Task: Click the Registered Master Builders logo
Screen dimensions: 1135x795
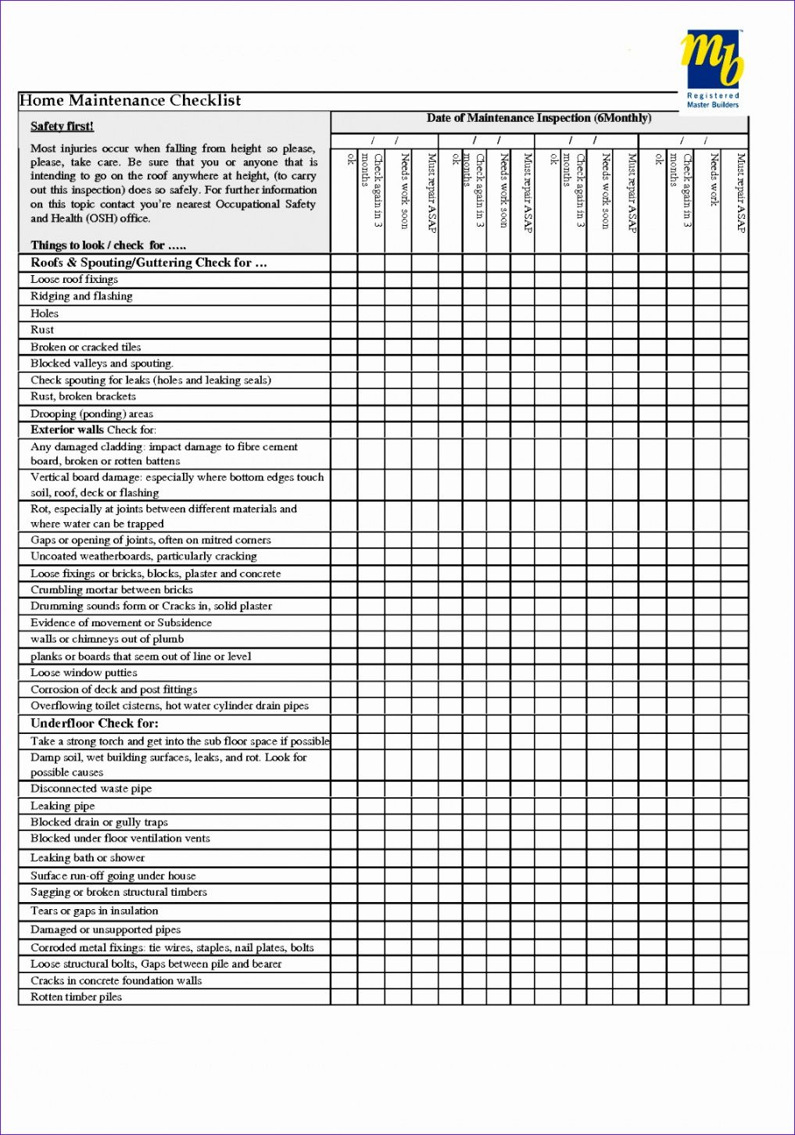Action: click(x=711, y=69)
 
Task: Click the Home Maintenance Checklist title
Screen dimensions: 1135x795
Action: click(x=131, y=101)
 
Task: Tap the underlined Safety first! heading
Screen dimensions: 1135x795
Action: click(x=62, y=127)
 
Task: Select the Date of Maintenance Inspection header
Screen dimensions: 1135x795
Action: click(x=539, y=119)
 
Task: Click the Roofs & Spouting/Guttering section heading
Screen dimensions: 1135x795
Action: click(x=149, y=263)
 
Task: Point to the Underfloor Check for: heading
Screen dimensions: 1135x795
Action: click(x=95, y=724)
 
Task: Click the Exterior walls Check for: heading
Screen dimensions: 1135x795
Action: click(x=93, y=430)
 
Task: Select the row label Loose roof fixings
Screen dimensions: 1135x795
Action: click(x=74, y=280)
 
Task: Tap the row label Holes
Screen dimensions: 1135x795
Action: click(x=45, y=313)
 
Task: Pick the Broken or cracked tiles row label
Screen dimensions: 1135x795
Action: click(x=86, y=347)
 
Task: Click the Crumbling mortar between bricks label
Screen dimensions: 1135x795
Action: click(x=112, y=590)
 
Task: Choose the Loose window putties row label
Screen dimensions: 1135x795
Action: click(x=84, y=673)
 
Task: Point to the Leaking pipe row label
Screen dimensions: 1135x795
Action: click(x=63, y=806)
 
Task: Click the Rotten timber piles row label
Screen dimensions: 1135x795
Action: click(x=76, y=997)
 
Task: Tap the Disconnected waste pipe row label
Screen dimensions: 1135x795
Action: click(x=91, y=789)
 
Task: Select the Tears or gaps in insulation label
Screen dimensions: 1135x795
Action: click(x=94, y=911)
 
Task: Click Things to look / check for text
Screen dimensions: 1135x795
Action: click(x=108, y=245)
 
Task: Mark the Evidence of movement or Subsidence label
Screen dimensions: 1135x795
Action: click(x=121, y=623)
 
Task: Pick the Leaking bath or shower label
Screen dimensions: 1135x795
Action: click(x=88, y=858)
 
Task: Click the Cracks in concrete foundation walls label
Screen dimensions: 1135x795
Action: click(x=116, y=981)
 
